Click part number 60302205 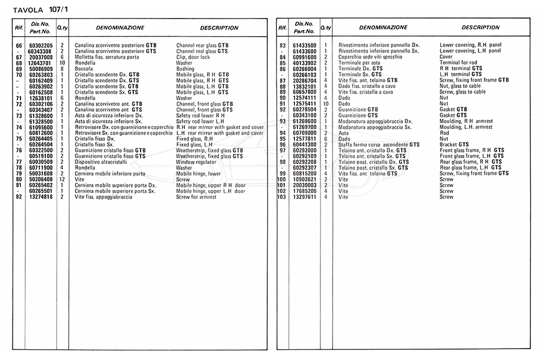[41, 45]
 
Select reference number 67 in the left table [19, 56]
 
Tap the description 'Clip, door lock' [193, 56]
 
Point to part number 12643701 [41, 62]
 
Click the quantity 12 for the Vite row [62, 180]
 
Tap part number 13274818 [41, 197]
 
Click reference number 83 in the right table [282, 45]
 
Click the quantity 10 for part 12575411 [325, 103]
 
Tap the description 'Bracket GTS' [454, 145]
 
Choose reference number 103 [281, 197]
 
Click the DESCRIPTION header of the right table [480, 28]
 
